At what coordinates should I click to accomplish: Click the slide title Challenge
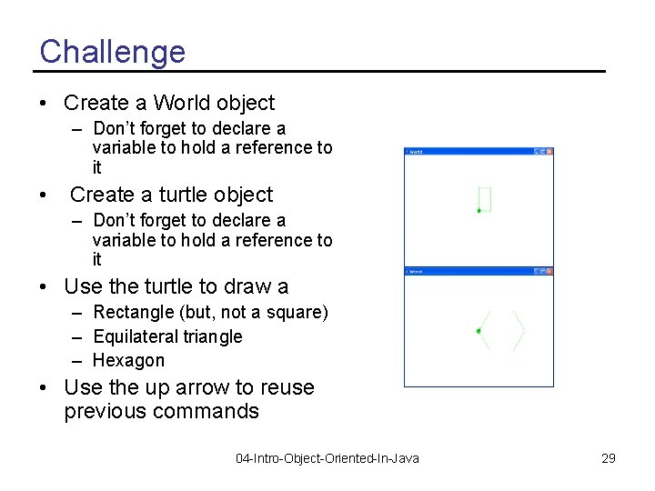point(112,51)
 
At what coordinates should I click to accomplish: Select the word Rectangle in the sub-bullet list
point(133,313)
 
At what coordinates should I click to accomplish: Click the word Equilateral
point(136,336)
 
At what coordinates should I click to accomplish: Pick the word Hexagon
point(128,360)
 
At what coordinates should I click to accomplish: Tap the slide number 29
point(609,458)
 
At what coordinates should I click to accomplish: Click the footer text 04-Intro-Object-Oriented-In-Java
point(327,458)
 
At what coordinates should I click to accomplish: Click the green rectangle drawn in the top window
point(485,198)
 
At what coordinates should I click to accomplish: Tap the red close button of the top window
point(549,152)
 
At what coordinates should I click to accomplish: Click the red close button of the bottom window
point(549,271)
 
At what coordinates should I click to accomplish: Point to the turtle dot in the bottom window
point(479,331)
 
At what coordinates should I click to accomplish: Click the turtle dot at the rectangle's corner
point(479,211)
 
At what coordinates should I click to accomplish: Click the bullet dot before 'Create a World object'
point(44,104)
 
